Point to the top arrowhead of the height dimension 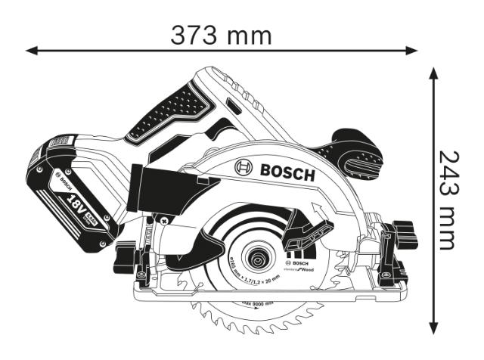pyautogui.click(x=433, y=72)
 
